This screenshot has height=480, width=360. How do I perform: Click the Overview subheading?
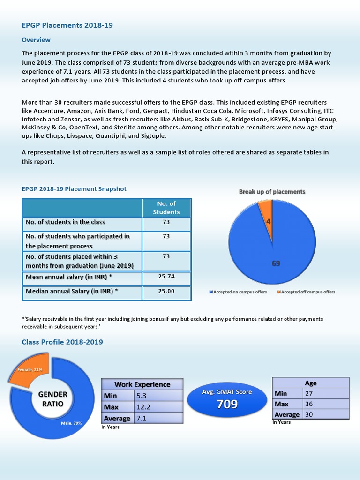coord(36,40)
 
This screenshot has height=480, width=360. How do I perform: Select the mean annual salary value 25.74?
coord(166,277)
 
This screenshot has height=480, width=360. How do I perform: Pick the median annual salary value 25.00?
coord(166,291)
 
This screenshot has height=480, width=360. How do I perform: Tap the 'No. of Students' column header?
coord(166,208)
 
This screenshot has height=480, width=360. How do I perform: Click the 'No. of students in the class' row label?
coord(65,222)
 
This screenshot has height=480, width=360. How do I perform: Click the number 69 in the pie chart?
coord(276,263)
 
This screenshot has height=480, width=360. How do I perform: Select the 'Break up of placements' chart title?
coord(272,192)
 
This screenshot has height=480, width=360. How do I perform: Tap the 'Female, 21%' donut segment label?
coord(30,369)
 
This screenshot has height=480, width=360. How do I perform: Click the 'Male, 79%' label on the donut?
coord(71,423)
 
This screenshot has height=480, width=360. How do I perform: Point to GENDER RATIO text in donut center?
coord(52,399)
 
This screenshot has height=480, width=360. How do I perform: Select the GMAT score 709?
coord(227,404)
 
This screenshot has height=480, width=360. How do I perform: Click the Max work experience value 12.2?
coord(144,407)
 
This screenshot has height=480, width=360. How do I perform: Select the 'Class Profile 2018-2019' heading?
coord(62,342)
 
